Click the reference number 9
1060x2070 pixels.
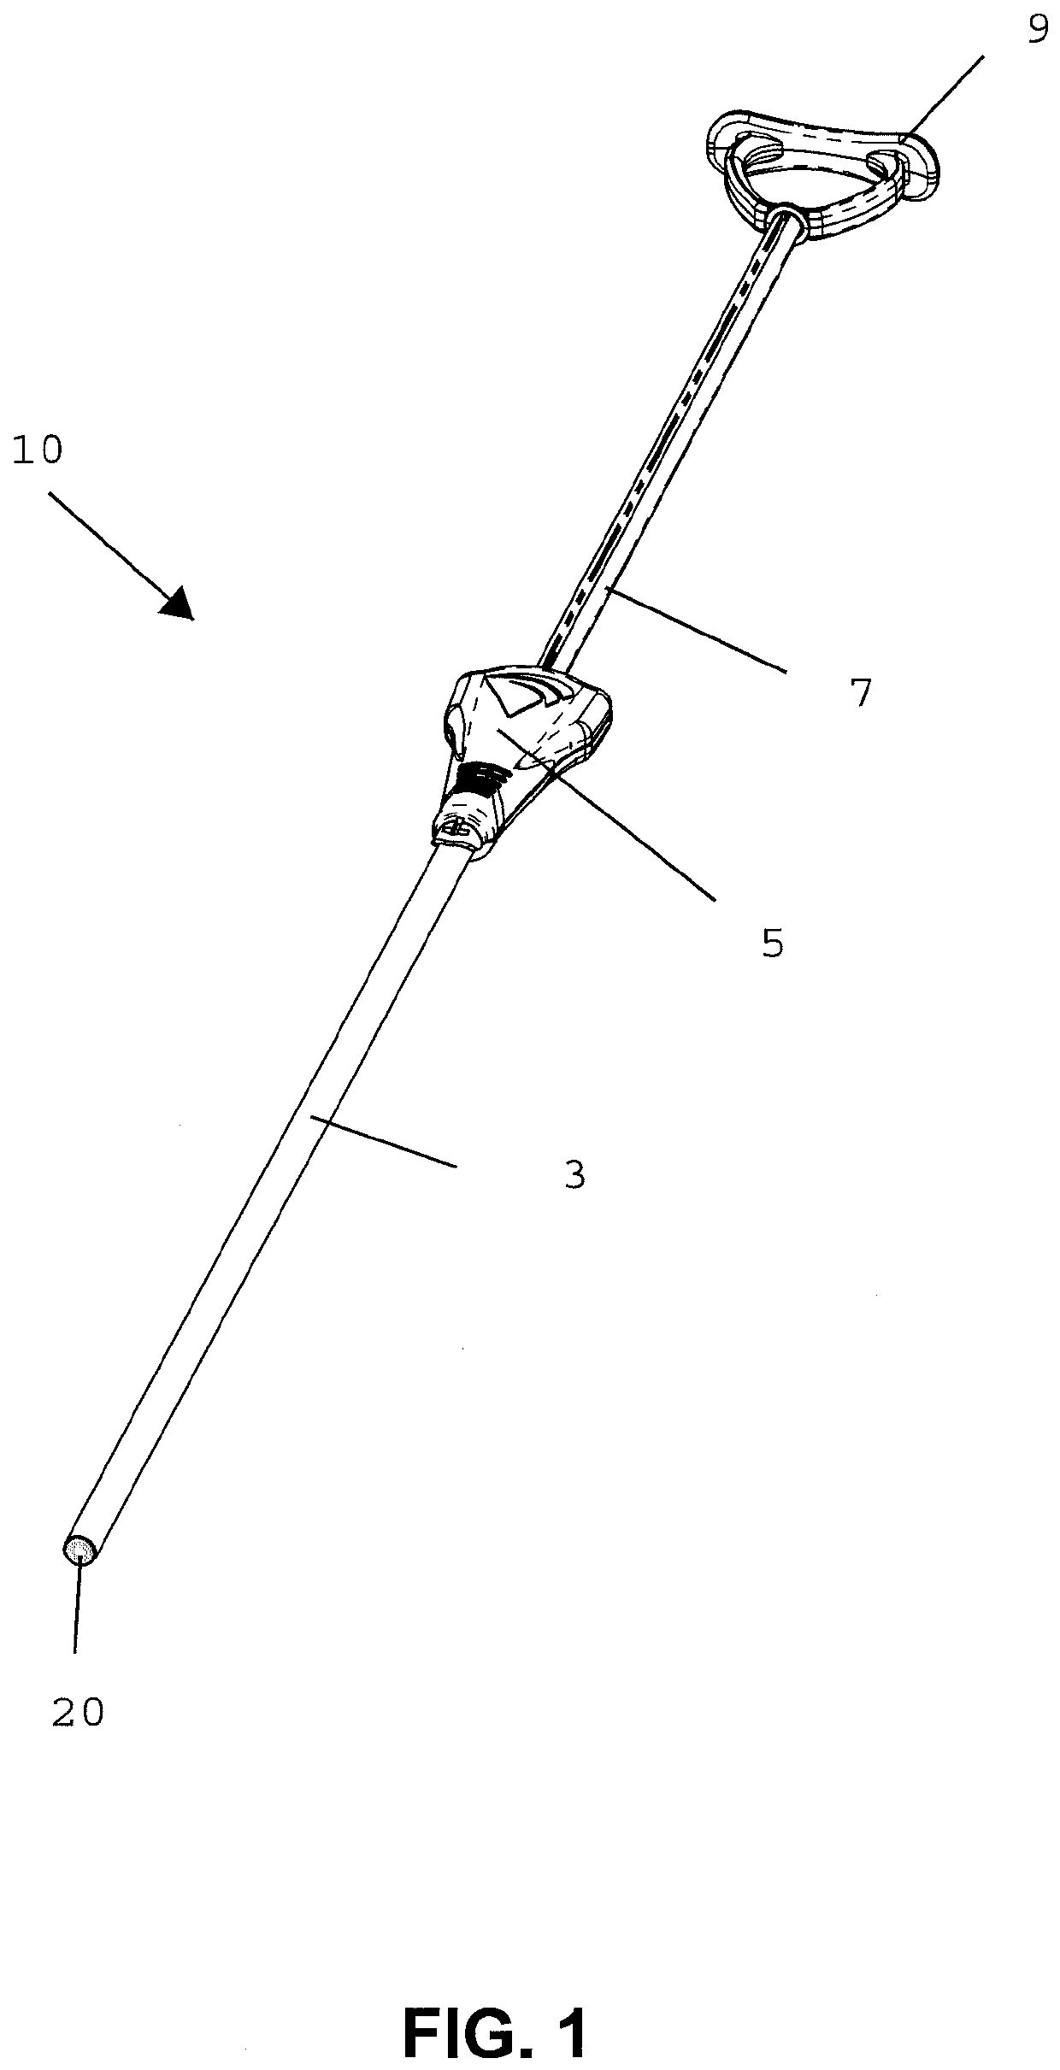pos(1037,32)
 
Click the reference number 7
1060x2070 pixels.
pos(860,693)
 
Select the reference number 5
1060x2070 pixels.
pos(772,944)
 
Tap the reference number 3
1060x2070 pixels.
pos(575,1175)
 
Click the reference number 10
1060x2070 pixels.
pos(38,450)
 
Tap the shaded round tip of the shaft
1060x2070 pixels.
pos(80,1550)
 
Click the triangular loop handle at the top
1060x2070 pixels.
pos(821,167)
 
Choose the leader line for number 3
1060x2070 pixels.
pos(385,1140)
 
